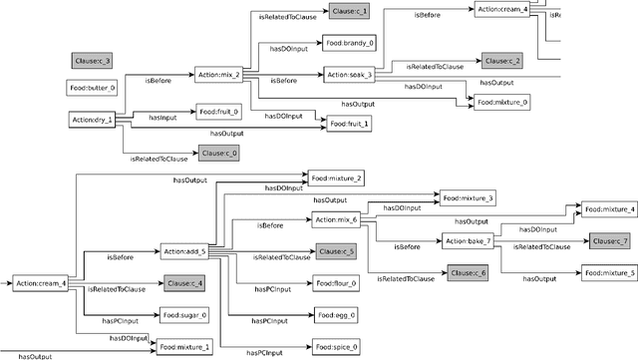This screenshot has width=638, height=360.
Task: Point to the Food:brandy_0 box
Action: [348, 43]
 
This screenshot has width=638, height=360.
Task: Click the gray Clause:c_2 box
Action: [501, 61]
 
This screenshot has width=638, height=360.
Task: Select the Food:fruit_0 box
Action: [218, 112]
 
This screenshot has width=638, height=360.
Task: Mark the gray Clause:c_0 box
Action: [219, 153]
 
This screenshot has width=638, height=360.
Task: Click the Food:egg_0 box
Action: [333, 315]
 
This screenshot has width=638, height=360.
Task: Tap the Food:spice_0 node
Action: [336, 347]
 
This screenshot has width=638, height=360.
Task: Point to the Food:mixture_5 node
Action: [608, 272]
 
